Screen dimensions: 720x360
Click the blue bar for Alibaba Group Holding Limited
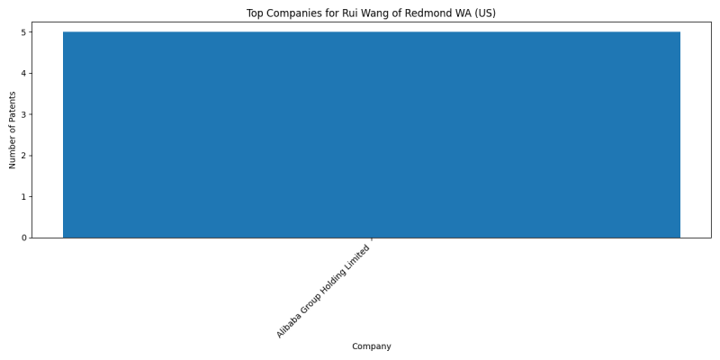[372, 134]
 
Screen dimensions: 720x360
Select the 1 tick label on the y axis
[24, 196]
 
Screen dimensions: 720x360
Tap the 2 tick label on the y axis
[24, 156]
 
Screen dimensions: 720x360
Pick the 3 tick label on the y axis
[24, 114]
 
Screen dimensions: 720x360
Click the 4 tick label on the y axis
[24, 73]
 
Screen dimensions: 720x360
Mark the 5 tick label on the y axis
[24, 32]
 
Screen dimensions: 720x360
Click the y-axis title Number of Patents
[13, 130]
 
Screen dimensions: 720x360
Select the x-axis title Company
[372, 346]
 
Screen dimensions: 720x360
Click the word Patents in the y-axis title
[13, 105]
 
